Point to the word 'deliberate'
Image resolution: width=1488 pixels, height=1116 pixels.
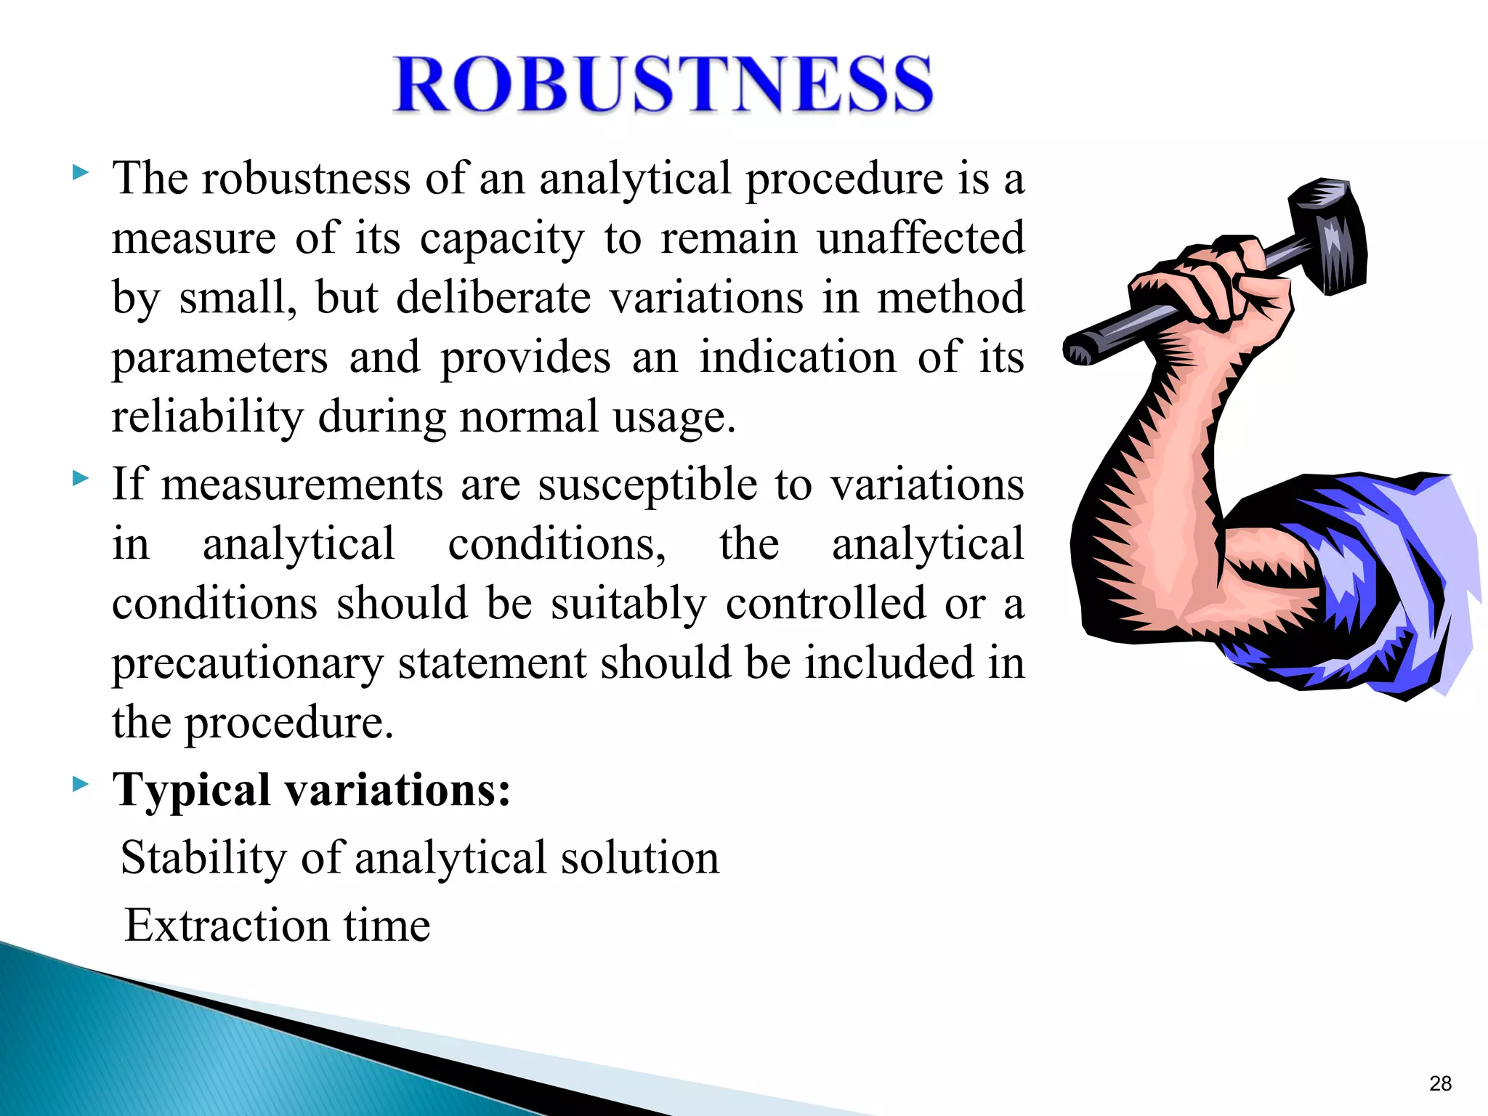[x=493, y=297]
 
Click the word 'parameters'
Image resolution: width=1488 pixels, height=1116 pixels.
[x=219, y=358]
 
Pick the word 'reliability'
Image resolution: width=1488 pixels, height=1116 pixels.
[x=207, y=418]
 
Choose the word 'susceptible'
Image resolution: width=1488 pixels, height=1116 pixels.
[x=647, y=485]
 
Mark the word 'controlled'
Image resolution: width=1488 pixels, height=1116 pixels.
[x=825, y=603]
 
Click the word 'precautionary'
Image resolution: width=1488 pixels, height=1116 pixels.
[x=247, y=664]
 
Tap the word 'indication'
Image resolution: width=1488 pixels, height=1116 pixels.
[x=798, y=357]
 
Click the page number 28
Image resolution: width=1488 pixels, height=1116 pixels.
[x=1440, y=1083]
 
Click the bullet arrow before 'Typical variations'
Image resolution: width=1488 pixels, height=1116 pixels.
[x=81, y=784]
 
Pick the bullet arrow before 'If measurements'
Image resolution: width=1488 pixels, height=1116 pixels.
[x=81, y=479]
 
